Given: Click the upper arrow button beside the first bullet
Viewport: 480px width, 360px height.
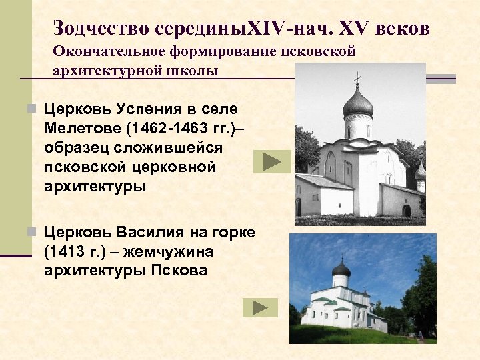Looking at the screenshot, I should pyautogui.click(x=272, y=162).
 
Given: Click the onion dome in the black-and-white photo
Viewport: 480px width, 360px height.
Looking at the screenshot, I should pyautogui.click(x=357, y=104).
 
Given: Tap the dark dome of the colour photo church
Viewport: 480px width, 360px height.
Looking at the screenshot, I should pyautogui.click(x=341, y=269).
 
